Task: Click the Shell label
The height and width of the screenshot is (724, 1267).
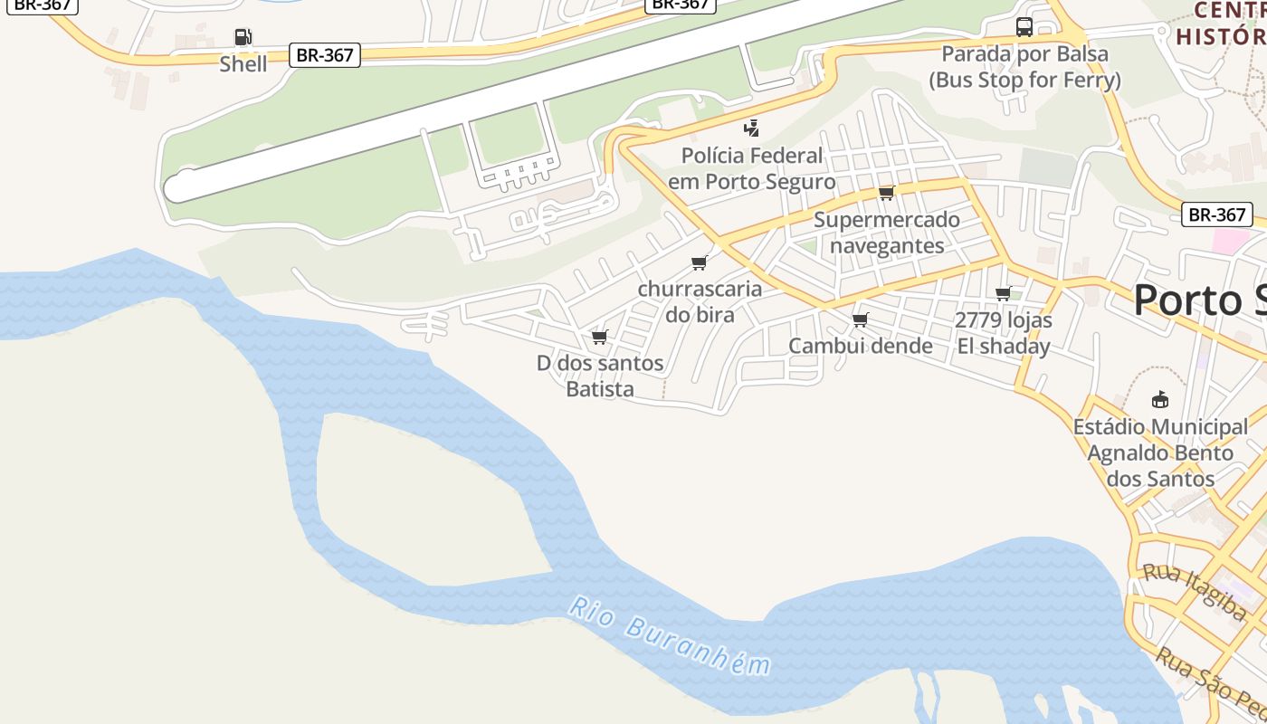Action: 243,64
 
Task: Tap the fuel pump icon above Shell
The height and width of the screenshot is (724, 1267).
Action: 243,37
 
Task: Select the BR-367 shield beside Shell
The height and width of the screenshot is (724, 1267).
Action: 325,55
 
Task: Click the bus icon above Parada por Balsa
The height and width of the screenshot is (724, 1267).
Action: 1024,27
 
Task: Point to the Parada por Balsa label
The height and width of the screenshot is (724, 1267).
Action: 1024,67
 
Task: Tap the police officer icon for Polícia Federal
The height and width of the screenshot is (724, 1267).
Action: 751,128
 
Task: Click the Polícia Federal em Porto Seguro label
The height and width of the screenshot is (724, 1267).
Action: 751,168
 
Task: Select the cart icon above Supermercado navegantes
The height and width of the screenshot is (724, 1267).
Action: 886,193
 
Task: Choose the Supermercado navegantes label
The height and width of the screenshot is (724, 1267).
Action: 887,233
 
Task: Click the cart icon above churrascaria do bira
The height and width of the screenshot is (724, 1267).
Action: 699,263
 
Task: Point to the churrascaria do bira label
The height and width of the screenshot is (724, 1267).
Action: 700,302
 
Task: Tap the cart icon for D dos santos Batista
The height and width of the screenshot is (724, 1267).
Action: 599,338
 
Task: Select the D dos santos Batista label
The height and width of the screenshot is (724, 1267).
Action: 600,376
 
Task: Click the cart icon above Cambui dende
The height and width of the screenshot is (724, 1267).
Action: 861,319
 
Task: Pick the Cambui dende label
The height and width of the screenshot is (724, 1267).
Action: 861,346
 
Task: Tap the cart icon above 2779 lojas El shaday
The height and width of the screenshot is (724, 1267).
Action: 1003,293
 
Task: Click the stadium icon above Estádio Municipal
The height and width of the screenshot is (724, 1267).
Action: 1160,399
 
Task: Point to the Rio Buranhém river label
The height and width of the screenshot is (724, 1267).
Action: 671,635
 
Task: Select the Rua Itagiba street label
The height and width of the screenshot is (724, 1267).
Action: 1195,591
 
